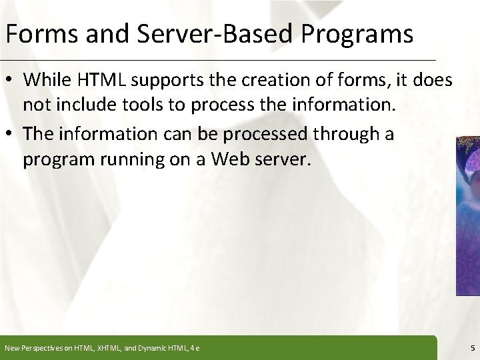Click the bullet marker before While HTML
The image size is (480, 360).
click(x=12, y=81)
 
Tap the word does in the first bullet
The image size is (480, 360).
click(x=434, y=80)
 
